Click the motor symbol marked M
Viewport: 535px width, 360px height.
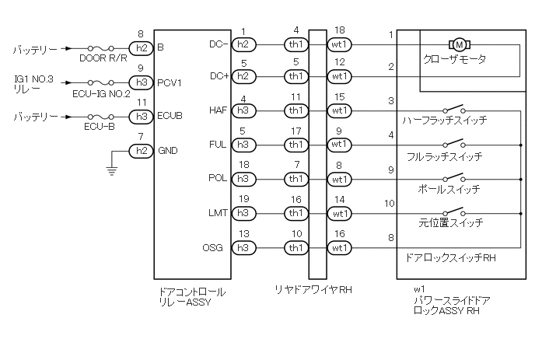tap(460, 44)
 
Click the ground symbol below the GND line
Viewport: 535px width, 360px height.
tap(111, 170)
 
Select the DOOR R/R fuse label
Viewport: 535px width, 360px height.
tap(103, 58)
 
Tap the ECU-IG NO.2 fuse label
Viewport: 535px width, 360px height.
tap(101, 93)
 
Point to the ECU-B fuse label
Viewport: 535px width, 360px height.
tap(100, 127)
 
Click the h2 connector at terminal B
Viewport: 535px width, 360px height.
tap(142, 48)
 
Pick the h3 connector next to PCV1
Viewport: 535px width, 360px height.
tap(142, 82)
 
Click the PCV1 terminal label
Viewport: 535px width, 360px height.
tap(170, 83)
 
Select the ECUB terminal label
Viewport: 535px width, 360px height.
tap(170, 116)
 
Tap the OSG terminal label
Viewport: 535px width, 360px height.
tap(212, 247)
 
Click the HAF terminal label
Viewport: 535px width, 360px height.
tap(218, 110)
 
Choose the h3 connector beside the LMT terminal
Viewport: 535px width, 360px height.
tap(243, 213)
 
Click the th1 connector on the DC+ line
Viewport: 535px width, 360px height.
tap(296, 76)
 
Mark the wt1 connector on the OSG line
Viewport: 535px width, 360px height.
tap(339, 248)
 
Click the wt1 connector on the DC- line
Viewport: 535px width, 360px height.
tap(339, 44)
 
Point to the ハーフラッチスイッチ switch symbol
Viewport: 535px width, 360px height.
tap(454, 109)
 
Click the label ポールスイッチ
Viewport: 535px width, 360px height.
tap(449, 189)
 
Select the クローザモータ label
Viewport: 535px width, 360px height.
tap(454, 59)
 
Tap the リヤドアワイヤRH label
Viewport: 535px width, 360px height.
tap(313, 290)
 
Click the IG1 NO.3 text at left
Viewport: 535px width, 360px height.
tap(33, 79)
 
